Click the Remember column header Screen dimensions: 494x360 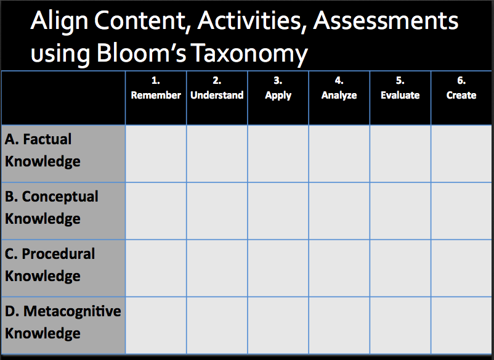pyautogui.click(x=156, y=88)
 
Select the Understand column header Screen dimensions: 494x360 pyautogui.click(x=217, y=88)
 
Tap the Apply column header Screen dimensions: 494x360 pyautogui.click(x=278, y=89)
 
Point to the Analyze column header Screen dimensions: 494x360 pyautogui.click(x=339, y=89)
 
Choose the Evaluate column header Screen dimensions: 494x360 pyautogui.click(x=400, y=88)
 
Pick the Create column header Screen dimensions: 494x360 pyautogui.click(x=461, y=88)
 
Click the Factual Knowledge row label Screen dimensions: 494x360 pyautogui.click(x=43, y=150)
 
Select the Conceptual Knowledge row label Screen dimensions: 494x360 pyautogui.click(x=51, y=208)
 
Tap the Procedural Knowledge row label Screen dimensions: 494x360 pyautogui.click(x=49, y=265)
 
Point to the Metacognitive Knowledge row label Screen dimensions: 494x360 pyautogui.click(x=63, y=322)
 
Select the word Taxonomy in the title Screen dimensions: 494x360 pyautogui.click(x=249, y=54)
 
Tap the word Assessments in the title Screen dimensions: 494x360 pyautogui.click(x=386, y=21)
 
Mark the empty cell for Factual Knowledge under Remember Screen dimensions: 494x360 pyautogui.click(x=156, y=154)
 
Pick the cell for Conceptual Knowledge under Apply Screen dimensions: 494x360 pyautogui.click(x=278, y=211)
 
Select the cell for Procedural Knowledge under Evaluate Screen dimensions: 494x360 pyautogui.click(x=400, y=268)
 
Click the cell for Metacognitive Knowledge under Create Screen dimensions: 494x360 pyautogui.click(x=461, y=325)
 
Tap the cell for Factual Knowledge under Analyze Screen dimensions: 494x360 pyautogui.click(x=339, y=154)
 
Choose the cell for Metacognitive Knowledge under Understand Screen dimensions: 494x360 pyautogui.click(x=217, y=325)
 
